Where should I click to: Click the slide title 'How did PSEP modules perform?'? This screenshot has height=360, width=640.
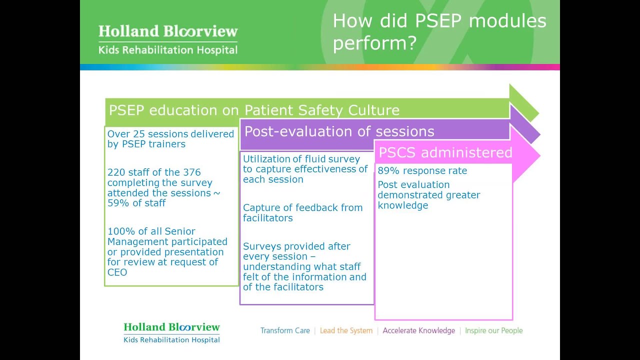pos(439,31)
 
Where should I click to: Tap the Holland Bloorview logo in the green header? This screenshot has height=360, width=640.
pos(168,39)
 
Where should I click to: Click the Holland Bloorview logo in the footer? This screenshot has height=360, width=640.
pos(171,333)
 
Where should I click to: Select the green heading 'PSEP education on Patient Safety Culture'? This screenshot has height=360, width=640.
pos(254,110)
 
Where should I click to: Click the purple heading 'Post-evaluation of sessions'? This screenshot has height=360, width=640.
pos(339,131)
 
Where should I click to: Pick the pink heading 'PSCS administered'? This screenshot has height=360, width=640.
pos(445,152)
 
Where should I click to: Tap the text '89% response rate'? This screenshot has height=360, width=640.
pos(422,171)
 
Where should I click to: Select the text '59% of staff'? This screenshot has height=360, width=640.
pos(136,203)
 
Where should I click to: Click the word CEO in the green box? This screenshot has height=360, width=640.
pos(117,272)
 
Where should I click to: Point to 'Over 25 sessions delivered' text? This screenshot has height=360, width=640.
pos(170,134)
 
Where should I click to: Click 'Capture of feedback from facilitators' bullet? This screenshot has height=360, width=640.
pos(302,212)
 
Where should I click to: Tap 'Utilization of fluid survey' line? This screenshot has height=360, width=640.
pos(301,159)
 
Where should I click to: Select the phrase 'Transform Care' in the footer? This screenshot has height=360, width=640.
pos(285,330)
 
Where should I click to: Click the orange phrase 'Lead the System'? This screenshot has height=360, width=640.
pos(346,330)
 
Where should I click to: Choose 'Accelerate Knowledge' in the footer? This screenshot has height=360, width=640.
pos(418,330)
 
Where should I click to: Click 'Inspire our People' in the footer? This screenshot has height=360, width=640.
pos(493,330)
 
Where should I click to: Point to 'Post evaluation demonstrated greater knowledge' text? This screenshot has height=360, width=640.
pos(428,195)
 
